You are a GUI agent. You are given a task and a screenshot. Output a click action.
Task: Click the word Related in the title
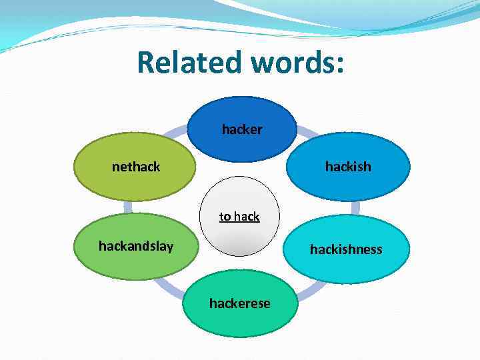(188, 63)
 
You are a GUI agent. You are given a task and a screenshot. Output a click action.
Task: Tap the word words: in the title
(297, 63)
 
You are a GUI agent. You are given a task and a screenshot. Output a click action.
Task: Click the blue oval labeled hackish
(347, 167)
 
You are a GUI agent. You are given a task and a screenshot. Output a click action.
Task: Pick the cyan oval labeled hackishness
(345, 249)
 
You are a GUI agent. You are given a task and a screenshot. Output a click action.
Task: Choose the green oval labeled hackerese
(239, 303)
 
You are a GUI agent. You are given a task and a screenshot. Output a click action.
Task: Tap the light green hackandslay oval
(135, 246)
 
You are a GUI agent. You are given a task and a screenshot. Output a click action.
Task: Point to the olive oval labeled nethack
(135, 167)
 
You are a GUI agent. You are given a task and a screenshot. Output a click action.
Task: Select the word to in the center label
(225, 217)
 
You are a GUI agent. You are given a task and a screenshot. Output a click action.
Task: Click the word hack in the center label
(247, 217)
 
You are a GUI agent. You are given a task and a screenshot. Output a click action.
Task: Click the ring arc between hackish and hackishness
(355, 207)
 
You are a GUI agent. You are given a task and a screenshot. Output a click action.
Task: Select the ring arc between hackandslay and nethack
(127, 207)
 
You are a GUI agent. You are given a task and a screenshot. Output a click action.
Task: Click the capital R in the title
(145, 63)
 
